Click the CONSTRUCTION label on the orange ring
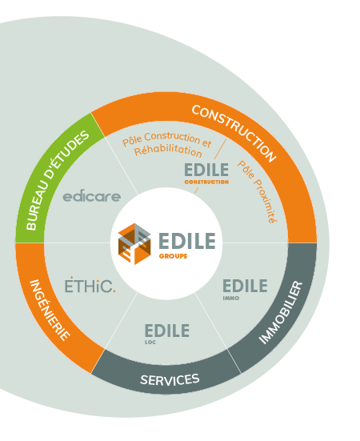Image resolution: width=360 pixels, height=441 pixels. click(234, 133)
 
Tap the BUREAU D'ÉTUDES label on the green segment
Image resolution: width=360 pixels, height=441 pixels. click(58, 180)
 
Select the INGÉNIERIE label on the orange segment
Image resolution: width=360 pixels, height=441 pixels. click(50, 310)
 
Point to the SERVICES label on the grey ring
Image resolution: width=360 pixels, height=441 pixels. click(170, 379)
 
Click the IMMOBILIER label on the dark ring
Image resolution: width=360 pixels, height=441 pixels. click(281, 312)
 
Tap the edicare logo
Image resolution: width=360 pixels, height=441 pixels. click(92, 197)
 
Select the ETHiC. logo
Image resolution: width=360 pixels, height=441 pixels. click(90, 285)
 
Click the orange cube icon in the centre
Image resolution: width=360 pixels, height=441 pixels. click(134, 244)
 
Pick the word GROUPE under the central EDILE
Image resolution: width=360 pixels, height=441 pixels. click(173, 256)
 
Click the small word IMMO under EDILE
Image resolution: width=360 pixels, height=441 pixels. click(231, 298)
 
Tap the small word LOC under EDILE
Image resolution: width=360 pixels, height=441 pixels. click(150, 343)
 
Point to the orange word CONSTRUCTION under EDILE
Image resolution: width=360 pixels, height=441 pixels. click(206, 182)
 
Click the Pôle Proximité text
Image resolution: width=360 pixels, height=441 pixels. click(258, 192)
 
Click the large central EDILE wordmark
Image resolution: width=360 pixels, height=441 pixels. click(187, 241)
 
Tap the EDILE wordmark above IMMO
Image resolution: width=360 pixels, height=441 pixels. click(245, 286)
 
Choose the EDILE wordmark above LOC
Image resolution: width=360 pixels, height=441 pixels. click(167, 331)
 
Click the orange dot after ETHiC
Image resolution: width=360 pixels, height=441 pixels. click(114, 291)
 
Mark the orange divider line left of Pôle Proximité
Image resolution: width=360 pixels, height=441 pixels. click(220, 149)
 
